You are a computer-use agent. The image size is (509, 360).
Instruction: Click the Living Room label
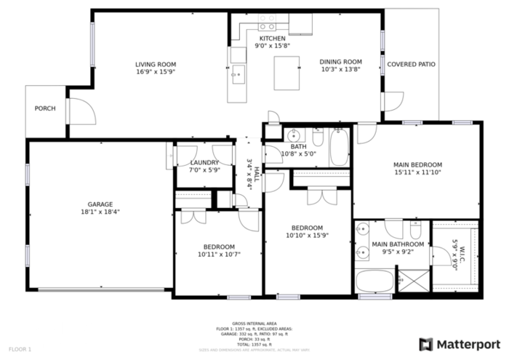pos(155,64)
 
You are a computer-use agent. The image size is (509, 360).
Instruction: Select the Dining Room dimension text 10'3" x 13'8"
pos(341,71)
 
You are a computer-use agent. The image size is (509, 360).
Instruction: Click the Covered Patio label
pos(411,64)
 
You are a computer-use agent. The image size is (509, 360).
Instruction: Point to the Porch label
pos(45,108)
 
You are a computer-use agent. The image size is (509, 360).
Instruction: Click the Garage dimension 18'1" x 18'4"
pos(100,212)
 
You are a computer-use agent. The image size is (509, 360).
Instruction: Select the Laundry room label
pos(204,162)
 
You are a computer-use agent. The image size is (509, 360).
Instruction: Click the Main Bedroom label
pos(417,164)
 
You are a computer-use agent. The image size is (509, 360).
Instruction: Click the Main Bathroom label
pos(397,244)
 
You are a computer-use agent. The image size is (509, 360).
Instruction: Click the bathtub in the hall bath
pos(340,147)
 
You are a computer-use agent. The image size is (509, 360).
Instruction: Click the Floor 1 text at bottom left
pos(20,350)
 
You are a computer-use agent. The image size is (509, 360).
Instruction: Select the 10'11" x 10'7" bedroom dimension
pos(218,255)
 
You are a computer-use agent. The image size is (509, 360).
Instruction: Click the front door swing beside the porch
pos(81,111)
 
